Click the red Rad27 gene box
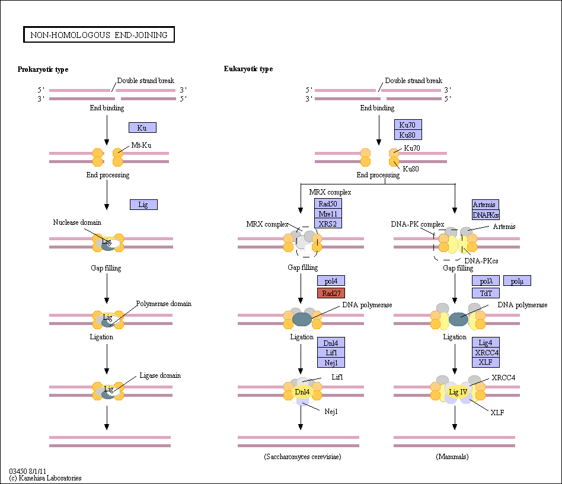pos(331,293)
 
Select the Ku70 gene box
pos(408,125)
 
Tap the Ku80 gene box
pos(408,135)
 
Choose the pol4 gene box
pos(331,281)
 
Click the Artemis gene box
pos(486,205)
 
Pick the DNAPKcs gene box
pos(486,215)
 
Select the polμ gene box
pos(517,281)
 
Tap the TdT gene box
pos(486,293)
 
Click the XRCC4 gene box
pos(486,352)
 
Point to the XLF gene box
pos(486,362)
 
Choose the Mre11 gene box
pos(328,214)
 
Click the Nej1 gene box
pos(331,362)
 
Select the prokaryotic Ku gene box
pos(142,128)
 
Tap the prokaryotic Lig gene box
pos(143,205)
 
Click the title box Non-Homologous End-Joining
pos(99,34)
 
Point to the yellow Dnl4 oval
pos(302,392)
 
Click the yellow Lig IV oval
pos(458,392)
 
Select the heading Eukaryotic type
pos(248,69)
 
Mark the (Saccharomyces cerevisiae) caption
pos(302,456)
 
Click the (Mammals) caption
pos(452,456)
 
